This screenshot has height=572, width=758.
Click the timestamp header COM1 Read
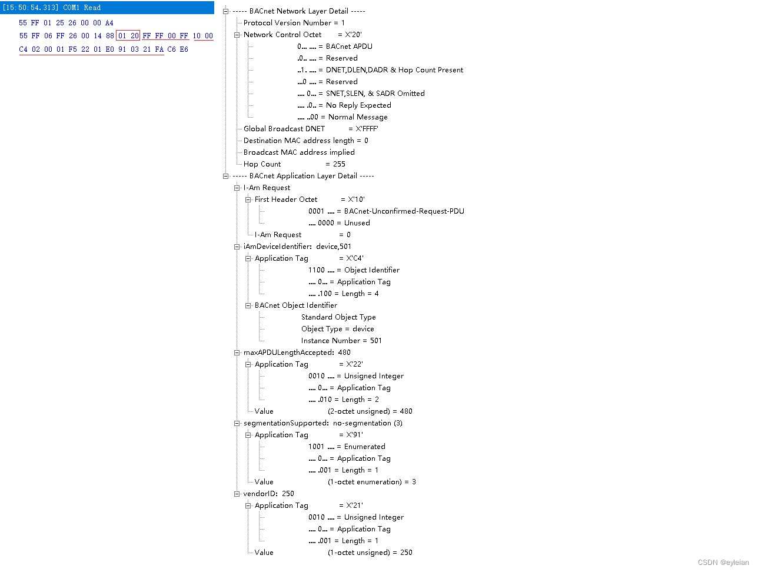[52, 8]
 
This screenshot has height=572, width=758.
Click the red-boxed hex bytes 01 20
[128, 36]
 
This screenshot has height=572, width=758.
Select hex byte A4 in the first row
[109, 23]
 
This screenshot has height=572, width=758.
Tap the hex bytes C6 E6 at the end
[178, 49]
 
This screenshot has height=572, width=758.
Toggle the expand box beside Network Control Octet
[237, 35]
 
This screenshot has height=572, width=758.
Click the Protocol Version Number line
[294, 23]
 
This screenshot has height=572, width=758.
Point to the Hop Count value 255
[339, 164]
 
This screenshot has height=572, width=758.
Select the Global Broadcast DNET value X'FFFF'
[367, 129]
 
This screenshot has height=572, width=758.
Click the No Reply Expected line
[358, 105]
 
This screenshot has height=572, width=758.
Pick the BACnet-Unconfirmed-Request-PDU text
[404, 211]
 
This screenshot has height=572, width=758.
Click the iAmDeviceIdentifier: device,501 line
[297, 247]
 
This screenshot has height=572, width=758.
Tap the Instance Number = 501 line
[341, 341]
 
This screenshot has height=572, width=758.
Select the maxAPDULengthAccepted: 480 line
[297, 352]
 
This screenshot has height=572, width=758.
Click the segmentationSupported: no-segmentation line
[323, 423]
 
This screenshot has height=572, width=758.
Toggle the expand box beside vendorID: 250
[237, 494]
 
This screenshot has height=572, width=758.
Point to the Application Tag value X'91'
[354, 435]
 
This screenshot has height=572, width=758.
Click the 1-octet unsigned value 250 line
[370, 553]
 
